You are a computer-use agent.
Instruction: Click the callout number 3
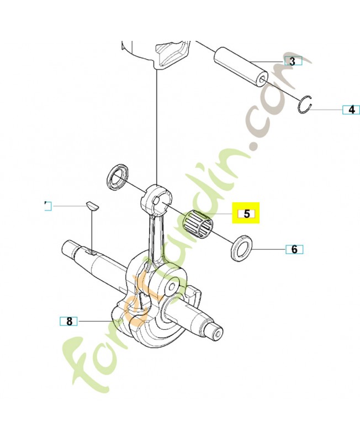point(293,61)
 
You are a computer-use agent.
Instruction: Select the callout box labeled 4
point(351,109)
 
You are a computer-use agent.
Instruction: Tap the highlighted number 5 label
point(246,214)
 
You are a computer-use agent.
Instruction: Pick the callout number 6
point(294,250)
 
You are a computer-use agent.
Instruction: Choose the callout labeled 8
point(68,321)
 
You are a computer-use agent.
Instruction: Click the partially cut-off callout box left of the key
point(48,206)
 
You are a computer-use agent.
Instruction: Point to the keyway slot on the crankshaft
point(90,252)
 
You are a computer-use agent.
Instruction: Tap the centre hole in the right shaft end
point(217,334)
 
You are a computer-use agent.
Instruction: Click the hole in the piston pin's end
point(262,79)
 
